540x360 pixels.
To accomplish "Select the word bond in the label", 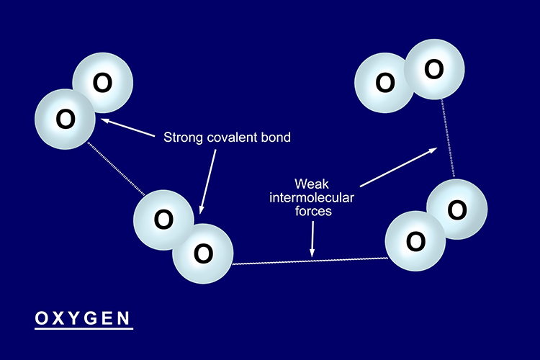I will pos(277,137).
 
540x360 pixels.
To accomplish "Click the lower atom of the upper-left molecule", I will pos(66,119).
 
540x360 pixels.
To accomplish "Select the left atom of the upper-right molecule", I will pos(385,83).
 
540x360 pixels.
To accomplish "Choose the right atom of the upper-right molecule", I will pos(433,69).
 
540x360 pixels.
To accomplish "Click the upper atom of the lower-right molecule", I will pos(456,209).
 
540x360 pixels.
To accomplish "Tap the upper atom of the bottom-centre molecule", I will pos(163,218).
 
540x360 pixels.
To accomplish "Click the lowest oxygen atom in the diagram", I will pos(203,253).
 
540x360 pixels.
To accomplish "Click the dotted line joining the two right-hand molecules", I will pos(447,140).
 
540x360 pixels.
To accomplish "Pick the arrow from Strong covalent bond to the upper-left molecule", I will pos(130,127).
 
